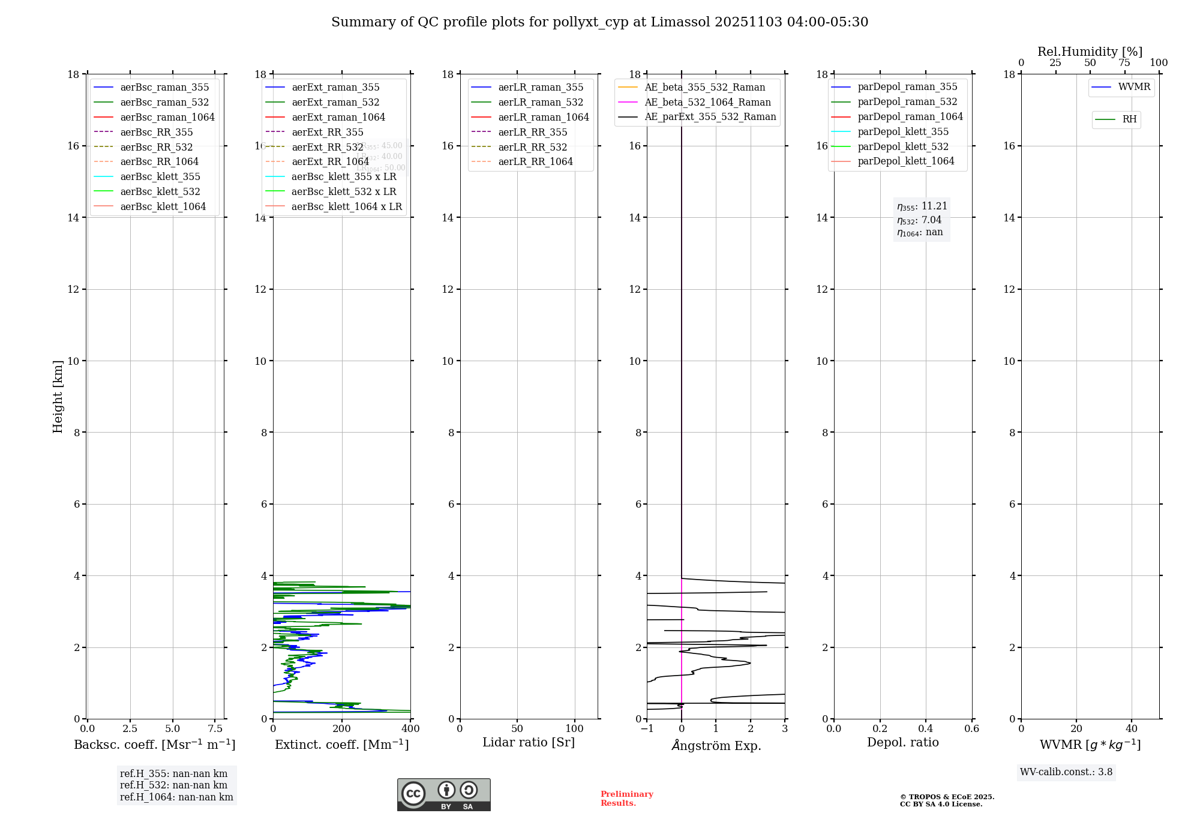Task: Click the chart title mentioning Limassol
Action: pos(599,22)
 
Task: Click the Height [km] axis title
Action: pos(58,396)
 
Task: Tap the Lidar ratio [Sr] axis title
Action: pos(529,743)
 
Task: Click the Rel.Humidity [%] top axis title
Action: pos(1090,52)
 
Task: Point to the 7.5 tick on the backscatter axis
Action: pos(215,729)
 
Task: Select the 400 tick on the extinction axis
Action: pos(410,729)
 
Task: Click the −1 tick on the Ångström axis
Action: pos(647,729)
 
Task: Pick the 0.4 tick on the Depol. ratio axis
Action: pos(926,729)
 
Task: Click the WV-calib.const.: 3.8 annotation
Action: pos(1066,772)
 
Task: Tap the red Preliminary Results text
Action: pos(626,799)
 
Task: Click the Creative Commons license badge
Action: pos(443,795)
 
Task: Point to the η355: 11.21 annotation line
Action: pos(922,206)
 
